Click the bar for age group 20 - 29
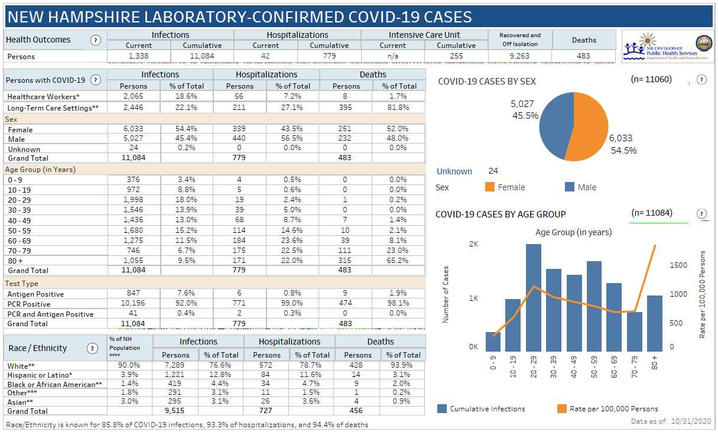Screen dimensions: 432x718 [x=533, y=298]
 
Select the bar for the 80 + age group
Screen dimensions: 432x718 [x=654, y=323]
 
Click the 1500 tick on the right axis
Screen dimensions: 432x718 [x=678, y=265]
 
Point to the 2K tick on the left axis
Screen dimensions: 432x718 [x=473, y=243]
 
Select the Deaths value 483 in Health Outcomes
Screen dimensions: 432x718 [x=584, y=56]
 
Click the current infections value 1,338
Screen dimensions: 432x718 [x=139, y=56]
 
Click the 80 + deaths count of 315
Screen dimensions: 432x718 [x=346, y=261]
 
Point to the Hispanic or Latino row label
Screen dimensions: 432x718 [x=40, y=375]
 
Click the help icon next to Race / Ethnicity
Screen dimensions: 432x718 [x=92, y=349]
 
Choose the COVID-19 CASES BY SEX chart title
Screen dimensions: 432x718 [x=487, y=82]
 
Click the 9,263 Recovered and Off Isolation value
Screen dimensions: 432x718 [x=520, y=56]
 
